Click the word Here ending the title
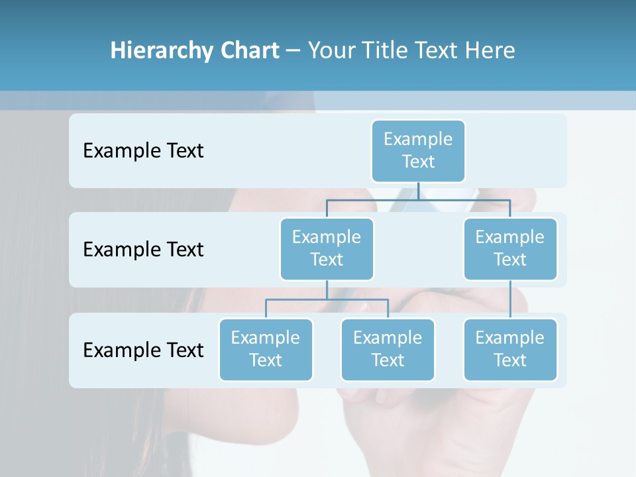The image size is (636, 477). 490,50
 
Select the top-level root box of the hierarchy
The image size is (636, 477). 418,150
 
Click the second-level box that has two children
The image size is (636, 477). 327,248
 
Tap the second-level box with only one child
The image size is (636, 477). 510,248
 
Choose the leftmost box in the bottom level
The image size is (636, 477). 266,349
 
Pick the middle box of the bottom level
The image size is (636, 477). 388,349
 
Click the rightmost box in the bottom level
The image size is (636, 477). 510,349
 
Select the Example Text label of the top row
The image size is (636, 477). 143,150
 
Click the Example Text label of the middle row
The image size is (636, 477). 143,249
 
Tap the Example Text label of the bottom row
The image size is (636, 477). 143,350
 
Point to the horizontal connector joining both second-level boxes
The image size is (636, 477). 464,199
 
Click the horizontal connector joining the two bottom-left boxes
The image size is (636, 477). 358,299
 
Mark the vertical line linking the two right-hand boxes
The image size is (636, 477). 510,299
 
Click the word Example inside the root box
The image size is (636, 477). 418,139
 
